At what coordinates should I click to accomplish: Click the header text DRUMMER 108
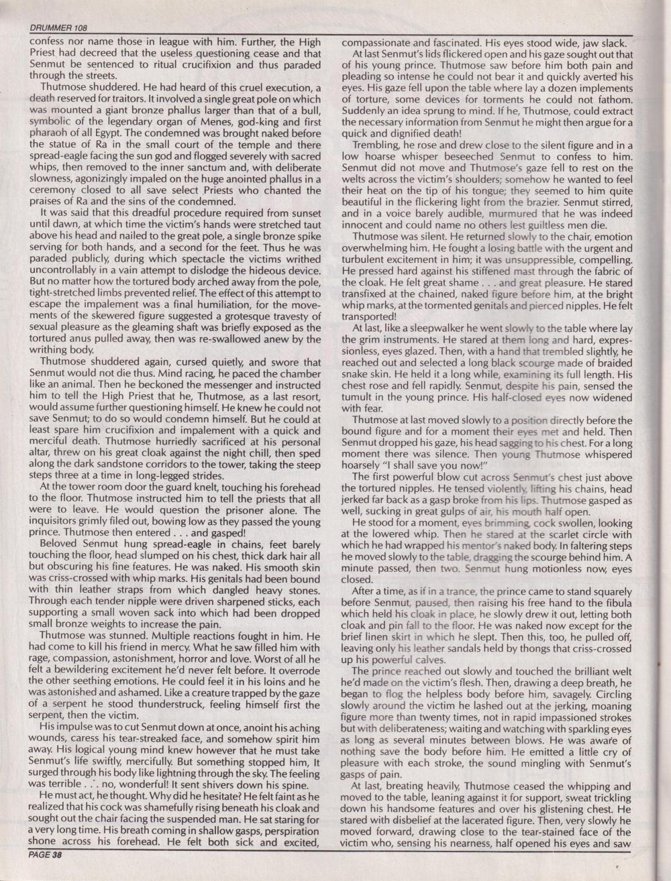[x=60, y=28]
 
